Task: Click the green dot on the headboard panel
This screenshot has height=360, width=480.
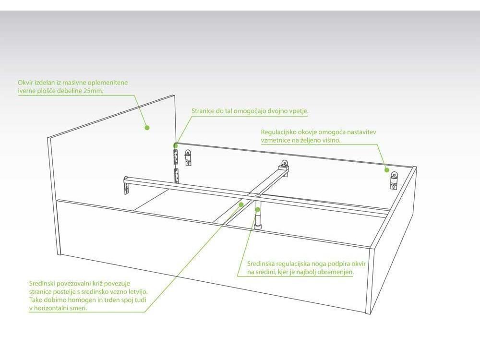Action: coord(147,127)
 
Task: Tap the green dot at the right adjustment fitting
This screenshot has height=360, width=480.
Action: coord(386,170)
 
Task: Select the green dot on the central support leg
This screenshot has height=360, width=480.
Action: coord(258,210)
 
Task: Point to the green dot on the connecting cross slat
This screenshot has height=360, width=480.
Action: coord(241,204)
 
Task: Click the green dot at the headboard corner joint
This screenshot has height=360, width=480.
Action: coord(176,146)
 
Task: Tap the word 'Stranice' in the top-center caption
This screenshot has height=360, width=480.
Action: coord(203,111)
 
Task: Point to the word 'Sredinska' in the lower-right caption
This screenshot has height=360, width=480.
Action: coord(261,264)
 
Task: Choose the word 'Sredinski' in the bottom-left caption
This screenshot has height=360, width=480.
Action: coord(42,284)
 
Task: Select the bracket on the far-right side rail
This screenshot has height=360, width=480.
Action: coord(394,180)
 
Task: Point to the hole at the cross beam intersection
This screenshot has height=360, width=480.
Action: coord(258,195)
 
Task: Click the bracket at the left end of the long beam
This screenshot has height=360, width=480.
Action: coord(126,185)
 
